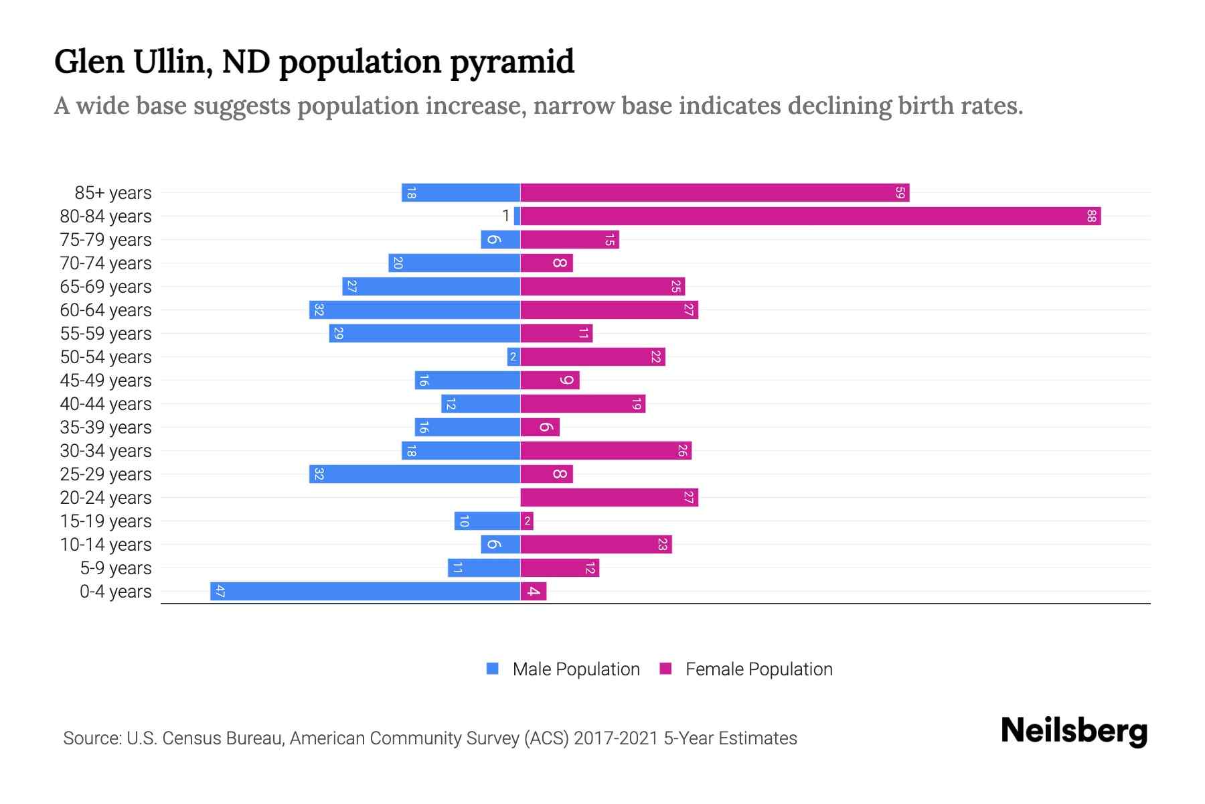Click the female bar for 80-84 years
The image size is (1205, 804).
[x=810, y=216]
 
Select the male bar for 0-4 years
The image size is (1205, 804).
[x=365, y=591]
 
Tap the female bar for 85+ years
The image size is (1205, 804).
[x=714, y=192]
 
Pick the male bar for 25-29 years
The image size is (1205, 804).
[x=414, y=474]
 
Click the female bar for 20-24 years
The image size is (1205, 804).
[x=609, y=497]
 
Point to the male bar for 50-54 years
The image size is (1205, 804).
[x=513, y=356]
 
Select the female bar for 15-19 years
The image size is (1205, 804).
[x=527, y=521]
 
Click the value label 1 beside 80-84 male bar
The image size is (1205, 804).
[x=506, y=216]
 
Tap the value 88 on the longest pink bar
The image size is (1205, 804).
[x=1091, y=216]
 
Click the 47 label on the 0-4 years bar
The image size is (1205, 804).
[x=220, y=591]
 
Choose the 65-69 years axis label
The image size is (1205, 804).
[x=106, y=287]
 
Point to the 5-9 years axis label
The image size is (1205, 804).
[x=116, y=568]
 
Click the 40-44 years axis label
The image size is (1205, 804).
[x=106, y=404]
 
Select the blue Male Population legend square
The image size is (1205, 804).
[x=493, y=669]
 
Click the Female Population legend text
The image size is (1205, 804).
[x=758, y=669]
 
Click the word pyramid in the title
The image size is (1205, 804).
[x=511, y=62]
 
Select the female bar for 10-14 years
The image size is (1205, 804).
[x=596, y=544]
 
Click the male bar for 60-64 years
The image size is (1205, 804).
[x=414, y=310]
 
